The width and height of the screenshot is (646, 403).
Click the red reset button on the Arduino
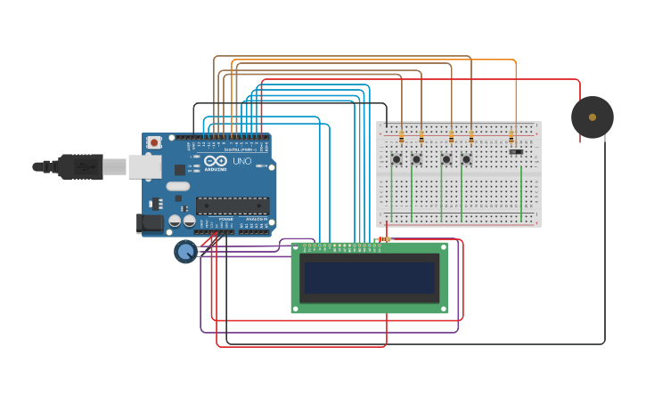pyautogui.click(x=154, y=142)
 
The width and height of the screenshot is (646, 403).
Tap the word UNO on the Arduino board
pyautogui.click(x=241, y=161)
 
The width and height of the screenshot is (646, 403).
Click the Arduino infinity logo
pyautogui.click(x=216, y=161)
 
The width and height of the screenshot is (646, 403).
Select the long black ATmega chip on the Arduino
pyautogui.click(x=232, y=206)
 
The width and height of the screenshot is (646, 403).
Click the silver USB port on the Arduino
pyautogui.click(x=143, y=166)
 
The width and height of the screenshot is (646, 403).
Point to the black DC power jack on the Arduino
pyautogui.click(x=150, y=223)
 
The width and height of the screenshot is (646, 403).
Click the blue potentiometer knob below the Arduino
pyautogui.click(x=185, y=252)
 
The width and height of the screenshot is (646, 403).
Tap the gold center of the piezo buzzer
pyautogui.click(x=593, y=117)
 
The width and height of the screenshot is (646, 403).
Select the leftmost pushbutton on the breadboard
pyautogui.click(x=397, y=159)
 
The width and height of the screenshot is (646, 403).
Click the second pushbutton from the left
pyautogui.click(x=416, y=159)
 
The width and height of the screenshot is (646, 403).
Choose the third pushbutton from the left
pyautogui.click(x=446, y=159)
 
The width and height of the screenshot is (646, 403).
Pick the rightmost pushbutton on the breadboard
pyautogui.click(x=466, y=159)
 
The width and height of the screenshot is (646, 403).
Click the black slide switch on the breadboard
pyautogui.click(x=516, y=151)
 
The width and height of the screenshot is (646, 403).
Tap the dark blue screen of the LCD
pyautogui.click(x=369, y=278)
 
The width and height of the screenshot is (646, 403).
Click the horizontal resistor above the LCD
pyautogui.click(x=384, y=238)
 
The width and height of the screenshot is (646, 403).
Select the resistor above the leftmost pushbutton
pyautogui.click(x=401, y=137)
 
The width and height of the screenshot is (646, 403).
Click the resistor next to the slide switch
pyautogui.click(x=511, y=137)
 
